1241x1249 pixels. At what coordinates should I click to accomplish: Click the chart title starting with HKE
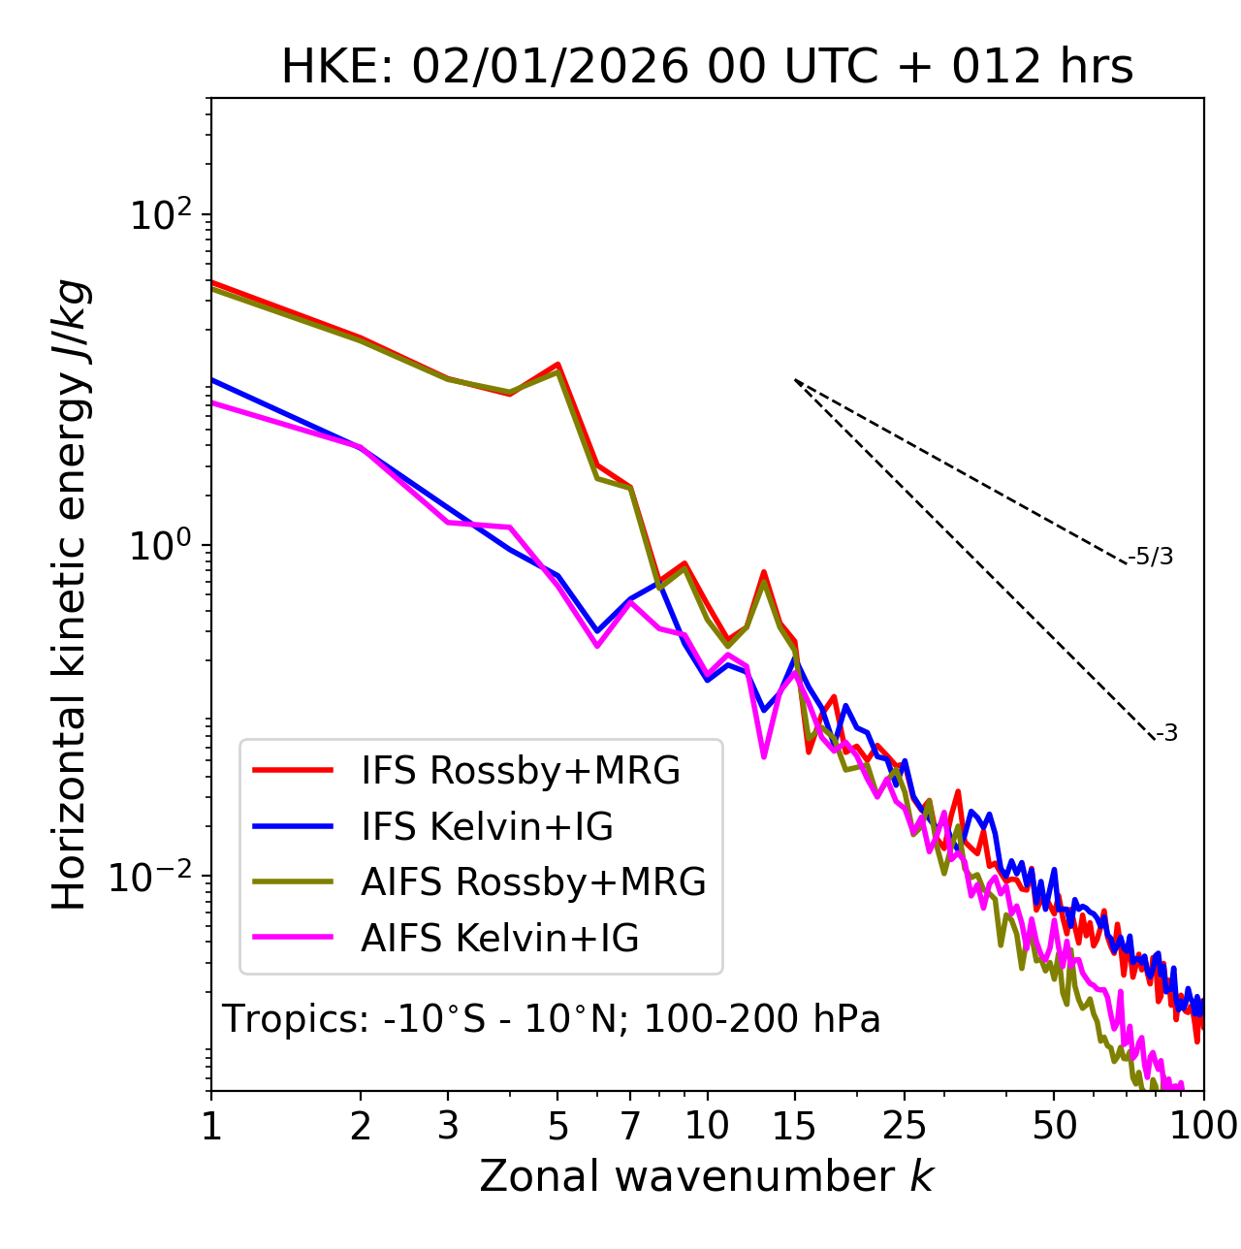[707, 68]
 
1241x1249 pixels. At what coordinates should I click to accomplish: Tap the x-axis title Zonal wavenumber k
[707, 1176]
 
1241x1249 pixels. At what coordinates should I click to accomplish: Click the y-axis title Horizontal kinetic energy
[70, 595]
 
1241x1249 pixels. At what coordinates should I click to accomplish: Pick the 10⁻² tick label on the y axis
[155, 878]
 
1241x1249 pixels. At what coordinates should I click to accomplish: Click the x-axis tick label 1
[211, 1127]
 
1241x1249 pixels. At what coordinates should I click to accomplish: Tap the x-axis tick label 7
[630, 1127]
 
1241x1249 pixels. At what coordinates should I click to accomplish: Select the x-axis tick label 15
[795, 1127]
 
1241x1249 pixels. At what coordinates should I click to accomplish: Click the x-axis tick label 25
[905, 1127]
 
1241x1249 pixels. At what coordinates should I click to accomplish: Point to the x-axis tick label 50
[1055, 1127]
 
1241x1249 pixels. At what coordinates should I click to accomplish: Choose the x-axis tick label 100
[1202, 1127]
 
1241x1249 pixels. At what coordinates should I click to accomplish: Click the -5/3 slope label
[1151, 558]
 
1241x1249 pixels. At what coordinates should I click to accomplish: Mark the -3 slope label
[1166, 734]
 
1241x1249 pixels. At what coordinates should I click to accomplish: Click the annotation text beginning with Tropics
[551, 1020]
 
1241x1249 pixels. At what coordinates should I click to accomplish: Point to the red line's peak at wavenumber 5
[557, 365]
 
